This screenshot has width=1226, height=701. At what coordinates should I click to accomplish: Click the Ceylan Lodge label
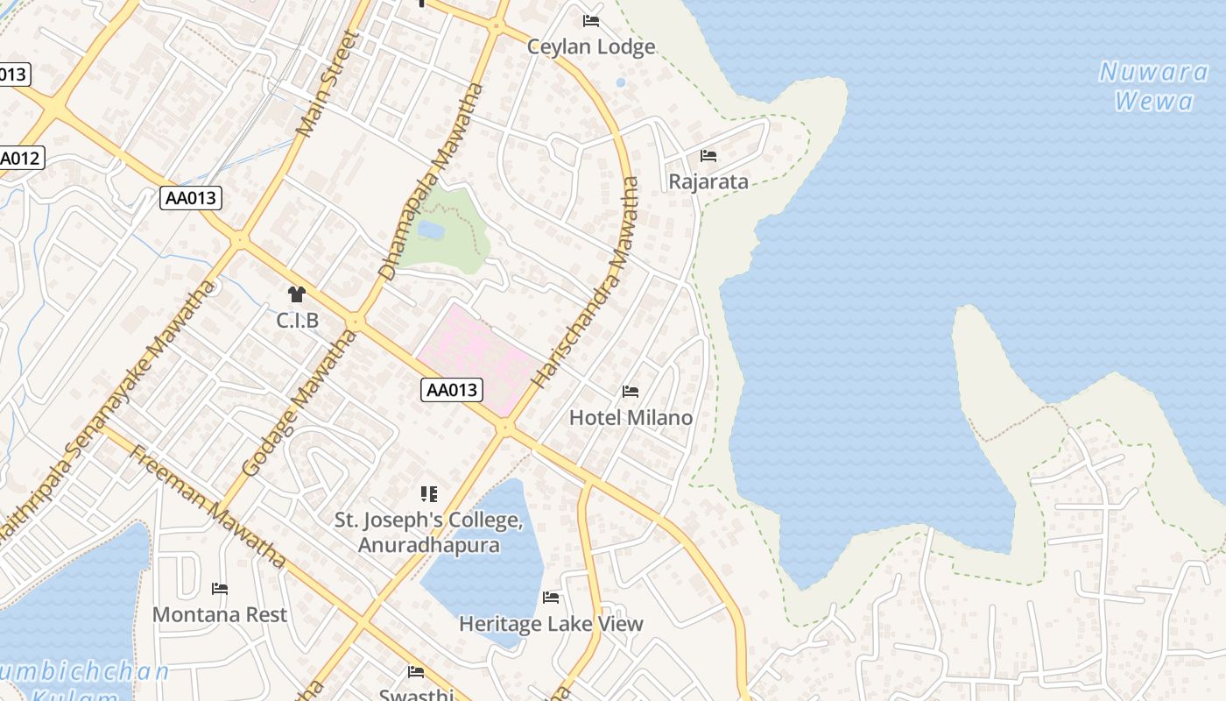pos(591,46)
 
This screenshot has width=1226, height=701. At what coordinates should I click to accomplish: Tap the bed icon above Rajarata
pos(708,156)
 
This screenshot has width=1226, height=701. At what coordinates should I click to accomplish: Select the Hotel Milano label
pos(631,417)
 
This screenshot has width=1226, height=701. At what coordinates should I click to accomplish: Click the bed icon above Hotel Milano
pos(631,391)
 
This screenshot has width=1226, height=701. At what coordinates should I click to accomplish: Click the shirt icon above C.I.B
pos(297,294)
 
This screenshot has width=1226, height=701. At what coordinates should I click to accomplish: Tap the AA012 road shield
pos(19,159)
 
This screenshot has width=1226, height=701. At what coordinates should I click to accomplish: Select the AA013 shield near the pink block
pos(452,390)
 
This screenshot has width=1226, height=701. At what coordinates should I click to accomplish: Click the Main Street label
pos(328,84)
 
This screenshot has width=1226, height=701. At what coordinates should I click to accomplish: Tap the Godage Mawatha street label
pos(294,413)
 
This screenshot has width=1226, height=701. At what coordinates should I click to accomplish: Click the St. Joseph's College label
pos(428,532)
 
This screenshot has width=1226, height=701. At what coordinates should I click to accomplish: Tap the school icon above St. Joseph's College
pos(428,494)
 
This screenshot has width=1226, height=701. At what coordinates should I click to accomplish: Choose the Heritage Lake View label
pos(551,624)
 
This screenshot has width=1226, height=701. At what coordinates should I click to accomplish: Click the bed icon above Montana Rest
pos(220,589)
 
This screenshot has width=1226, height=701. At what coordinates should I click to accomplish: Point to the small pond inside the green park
pos(431,230)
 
